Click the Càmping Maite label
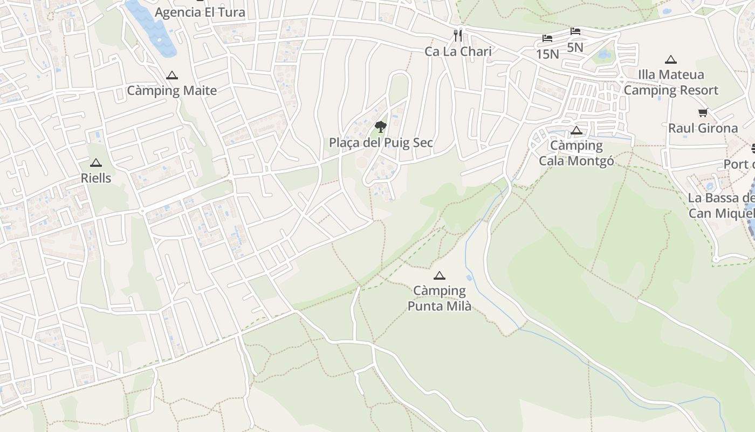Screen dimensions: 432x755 coord(171,91)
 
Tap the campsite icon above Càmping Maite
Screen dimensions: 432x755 coord(172,76)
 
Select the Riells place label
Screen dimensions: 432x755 coord(96,178)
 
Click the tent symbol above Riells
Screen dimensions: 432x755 coord(96,163)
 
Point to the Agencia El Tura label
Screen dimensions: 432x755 coord(200,12)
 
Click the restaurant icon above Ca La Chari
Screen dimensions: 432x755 coord(458,36)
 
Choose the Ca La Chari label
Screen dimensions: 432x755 coord(458,52)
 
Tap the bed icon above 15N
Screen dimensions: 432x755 coord(547,38)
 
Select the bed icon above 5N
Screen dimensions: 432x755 coord(575,31)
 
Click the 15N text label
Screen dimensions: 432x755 coord(547,54)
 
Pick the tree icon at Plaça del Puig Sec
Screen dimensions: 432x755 coord(381,127)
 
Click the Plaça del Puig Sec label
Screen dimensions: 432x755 coord(381,143)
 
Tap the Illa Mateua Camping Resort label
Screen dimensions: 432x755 coord(671,83)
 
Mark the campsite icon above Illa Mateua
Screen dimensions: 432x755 coord(671,59)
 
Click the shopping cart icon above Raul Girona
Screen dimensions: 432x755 coord(703,113)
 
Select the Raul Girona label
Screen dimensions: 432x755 coord(703,129)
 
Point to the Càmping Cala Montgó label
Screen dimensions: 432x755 coord(576,153)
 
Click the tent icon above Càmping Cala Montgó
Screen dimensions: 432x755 coord(576,130)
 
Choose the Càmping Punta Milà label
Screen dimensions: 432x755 coord(440,299)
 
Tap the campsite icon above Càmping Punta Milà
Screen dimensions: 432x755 coord(440,276)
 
